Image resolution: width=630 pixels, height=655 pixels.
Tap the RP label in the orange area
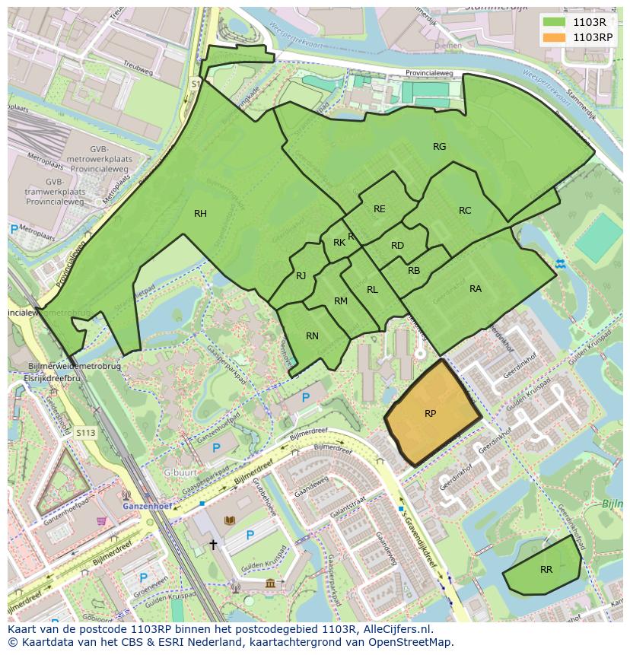tap(430, 414)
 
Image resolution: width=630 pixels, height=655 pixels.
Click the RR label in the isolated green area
tap(546, 569)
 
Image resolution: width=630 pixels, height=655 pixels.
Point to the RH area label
tap(200, 214)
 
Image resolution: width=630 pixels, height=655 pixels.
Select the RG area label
tap(439, 147)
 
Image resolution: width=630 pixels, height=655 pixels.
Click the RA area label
tap(476, 289)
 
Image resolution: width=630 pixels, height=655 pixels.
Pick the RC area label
tap(465, 211)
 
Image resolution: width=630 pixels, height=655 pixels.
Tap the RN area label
tap(312, 336)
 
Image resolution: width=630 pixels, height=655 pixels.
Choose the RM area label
tap(340, 301)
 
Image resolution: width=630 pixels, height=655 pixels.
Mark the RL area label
tap(372, 290)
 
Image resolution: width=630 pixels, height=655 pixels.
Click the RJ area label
tap(301, 276)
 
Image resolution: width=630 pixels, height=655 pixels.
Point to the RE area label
tap(379, 209)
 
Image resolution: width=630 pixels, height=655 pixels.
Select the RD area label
tap(397, 246)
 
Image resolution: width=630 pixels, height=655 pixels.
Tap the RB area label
tap(414, 271)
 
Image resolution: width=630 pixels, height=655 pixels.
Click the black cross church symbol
tap(213, 545)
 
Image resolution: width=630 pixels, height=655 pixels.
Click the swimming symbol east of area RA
tap(561, 263)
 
